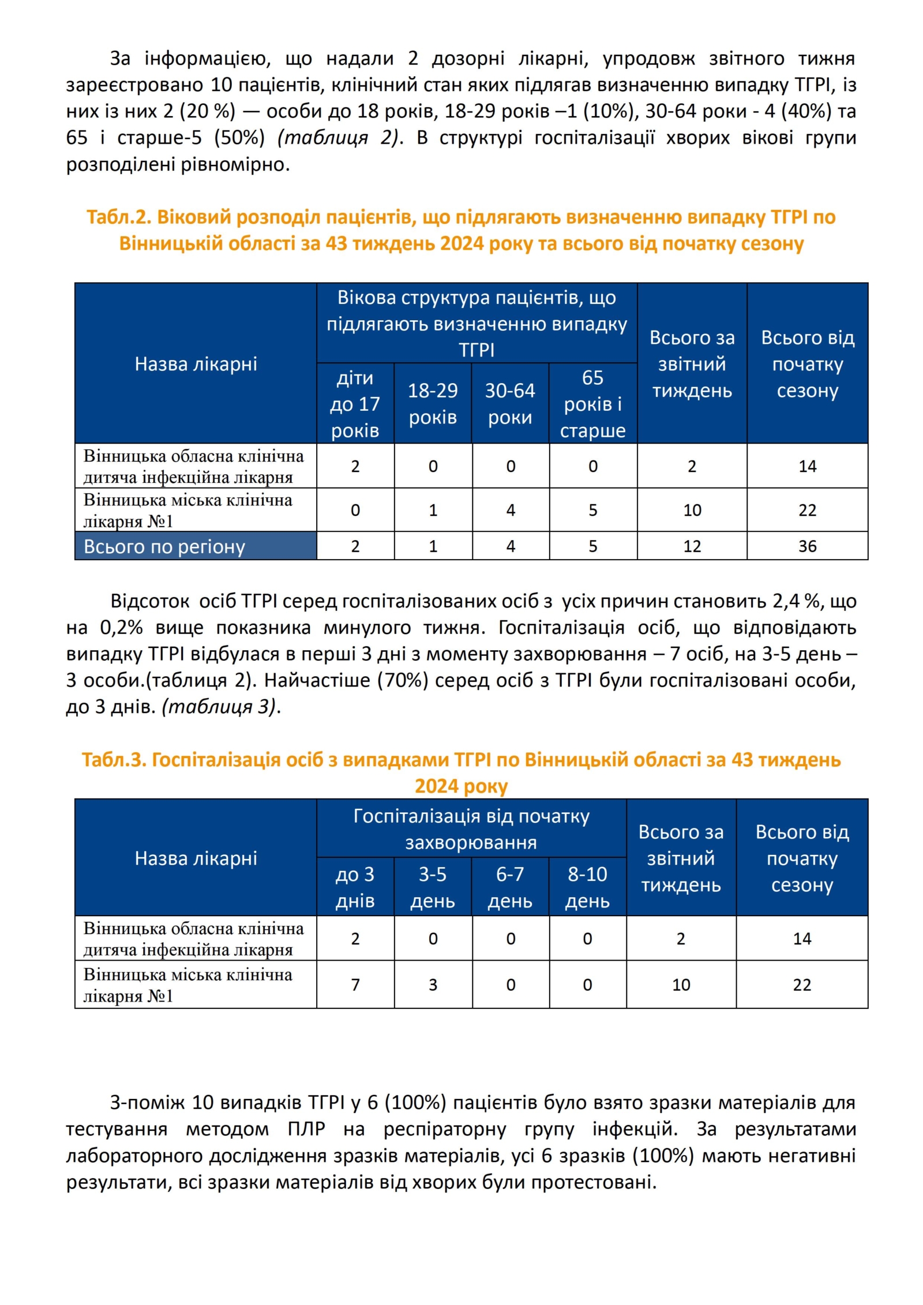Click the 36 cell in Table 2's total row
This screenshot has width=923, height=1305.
tap(806, 546)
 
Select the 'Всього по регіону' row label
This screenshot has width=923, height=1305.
tap(164, 546)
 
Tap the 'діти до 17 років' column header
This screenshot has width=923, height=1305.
tap(355, 404)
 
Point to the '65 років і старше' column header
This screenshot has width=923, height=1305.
tap(592, 404)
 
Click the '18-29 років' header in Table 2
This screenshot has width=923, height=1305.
tap(433, 404)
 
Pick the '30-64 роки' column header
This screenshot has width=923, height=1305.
tap(510, 404)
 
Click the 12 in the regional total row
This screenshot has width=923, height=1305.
tap(692, 546)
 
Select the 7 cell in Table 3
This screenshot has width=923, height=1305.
tap(355, 984)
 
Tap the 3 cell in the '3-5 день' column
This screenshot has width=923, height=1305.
tap(433, 984)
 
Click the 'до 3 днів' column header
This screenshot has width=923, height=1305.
tap(355, 887)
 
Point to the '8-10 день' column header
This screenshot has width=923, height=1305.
tap(587, 887)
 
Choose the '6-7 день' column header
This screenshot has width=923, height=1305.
tap(510, 887)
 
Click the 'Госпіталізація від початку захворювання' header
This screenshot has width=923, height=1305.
tap(471, 829)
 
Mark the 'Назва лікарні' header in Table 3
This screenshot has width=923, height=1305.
tap(196, 858)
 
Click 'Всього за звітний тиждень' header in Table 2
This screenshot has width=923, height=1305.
tap(692, 364)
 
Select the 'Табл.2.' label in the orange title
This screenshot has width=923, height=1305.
tap(119, 217)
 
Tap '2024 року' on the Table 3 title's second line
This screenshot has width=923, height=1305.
tap(461, 786)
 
